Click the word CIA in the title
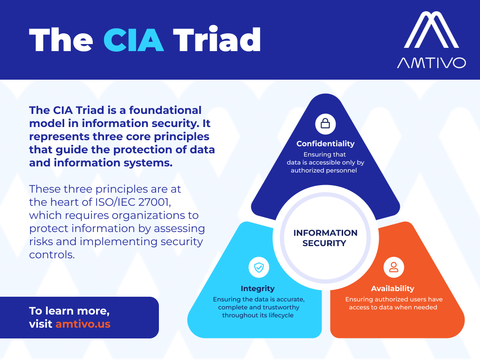tap(134, 40)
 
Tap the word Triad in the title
tap(217, 39)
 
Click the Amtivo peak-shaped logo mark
tap(431, 30)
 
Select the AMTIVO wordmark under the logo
tap(431, 63)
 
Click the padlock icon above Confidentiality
tap(325, 124)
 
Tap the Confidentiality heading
tap(325, 143)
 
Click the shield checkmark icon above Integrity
tap(259, 267)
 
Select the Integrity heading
tap(258, 288)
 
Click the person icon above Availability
tap(394, 267)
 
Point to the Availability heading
tap(393, 288)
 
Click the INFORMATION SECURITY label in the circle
tap(325, 238)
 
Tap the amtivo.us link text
tap(83, 324)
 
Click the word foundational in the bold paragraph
tap(165, 110)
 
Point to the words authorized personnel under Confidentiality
tap(324, 171)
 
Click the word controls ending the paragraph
tap(52, 255)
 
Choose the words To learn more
tap(69, 311)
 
